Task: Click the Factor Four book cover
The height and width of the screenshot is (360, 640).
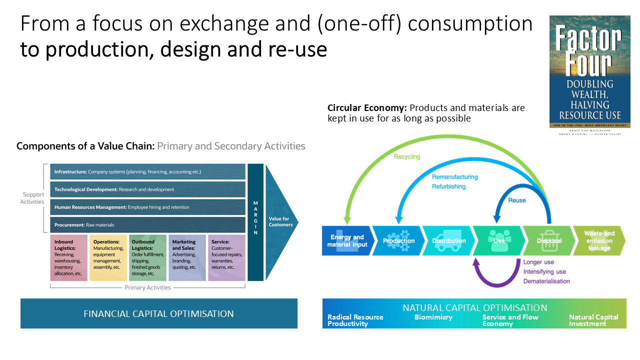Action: point(589,71)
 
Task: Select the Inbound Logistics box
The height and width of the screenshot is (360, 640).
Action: point(69,257)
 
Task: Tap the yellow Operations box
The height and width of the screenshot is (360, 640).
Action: point(108,257)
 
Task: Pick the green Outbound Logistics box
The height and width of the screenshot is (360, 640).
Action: point(147,257)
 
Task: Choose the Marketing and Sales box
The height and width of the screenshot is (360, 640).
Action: point(187,257)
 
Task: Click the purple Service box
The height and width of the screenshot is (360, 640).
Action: point(227,257)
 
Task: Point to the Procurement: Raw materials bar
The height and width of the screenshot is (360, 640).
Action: point(148,225)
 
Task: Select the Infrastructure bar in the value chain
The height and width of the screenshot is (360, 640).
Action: point(148,171)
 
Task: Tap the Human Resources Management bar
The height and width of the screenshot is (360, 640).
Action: point(148,207)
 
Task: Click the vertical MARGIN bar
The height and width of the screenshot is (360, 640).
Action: point(255,222)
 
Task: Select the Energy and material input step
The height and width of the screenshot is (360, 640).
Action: point(346,240)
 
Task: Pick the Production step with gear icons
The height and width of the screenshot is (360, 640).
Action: point(398,240)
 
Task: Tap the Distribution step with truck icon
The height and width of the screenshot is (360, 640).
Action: point(448,240)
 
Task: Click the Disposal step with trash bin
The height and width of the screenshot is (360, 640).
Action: point(548,240)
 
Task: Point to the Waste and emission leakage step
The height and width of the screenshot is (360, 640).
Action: point(599,240)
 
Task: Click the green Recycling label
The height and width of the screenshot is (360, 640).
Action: point(407,156)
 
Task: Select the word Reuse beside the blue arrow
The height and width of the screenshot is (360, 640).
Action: point(517,200)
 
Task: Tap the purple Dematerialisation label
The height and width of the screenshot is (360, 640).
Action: point(546,281)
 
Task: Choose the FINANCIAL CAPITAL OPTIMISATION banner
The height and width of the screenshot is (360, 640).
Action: point(159,314)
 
